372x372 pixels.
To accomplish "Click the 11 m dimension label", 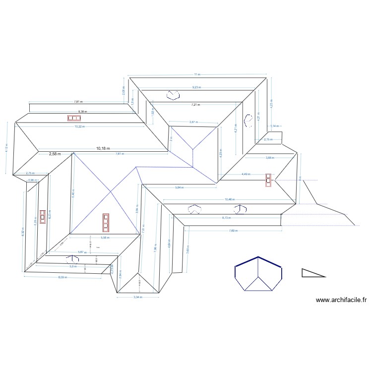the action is click(197, 74).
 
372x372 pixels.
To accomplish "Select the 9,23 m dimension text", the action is click(197, 87).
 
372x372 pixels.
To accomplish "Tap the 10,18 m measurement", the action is click(103, 148).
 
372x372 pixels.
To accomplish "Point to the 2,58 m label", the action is click(55, 154).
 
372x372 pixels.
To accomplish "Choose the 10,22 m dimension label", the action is click(79, 126).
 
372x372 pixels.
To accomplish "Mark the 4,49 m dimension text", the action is click(246, 174).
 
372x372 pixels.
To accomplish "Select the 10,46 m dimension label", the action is click(229, 199).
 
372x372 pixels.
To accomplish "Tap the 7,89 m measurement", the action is click(233, 231).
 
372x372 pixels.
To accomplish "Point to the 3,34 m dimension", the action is click(137, 298).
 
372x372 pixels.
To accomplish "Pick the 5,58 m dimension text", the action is click(105, 238).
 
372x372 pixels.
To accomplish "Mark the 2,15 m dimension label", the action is click(268, 139).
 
